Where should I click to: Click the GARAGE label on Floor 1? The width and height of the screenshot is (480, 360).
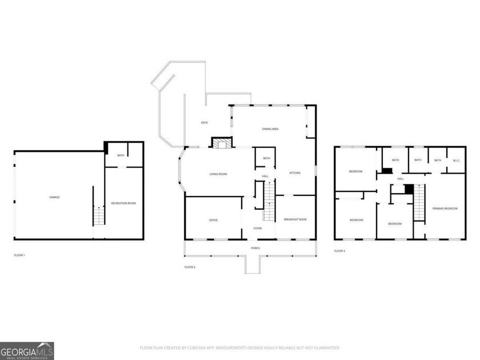[54, 197]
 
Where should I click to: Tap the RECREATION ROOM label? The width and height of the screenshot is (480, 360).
[123, 203]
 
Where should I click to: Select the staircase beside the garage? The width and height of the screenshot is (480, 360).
[99, 217]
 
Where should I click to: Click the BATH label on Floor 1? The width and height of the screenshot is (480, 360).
[121, 155]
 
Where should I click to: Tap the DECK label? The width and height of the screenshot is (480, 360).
[204, 123]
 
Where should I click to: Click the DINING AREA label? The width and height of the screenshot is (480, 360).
[270, 129]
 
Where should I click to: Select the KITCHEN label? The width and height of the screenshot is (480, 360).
[295, 173]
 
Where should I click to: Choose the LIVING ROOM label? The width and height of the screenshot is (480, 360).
[218, 174]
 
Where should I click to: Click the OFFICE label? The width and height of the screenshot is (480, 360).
[213, 220]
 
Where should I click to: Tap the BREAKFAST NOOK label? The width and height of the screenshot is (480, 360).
[295, 220]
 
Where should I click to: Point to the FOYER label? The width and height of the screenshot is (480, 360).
[258, 228]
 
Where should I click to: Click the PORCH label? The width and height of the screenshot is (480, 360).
[255, 248]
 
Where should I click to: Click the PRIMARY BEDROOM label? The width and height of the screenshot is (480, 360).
[445, 209]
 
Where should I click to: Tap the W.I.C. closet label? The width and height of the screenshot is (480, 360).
[456, 160]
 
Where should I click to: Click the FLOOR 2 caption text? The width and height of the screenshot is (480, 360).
[190, 267]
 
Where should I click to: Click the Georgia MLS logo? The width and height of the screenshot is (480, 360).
[27, 350]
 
